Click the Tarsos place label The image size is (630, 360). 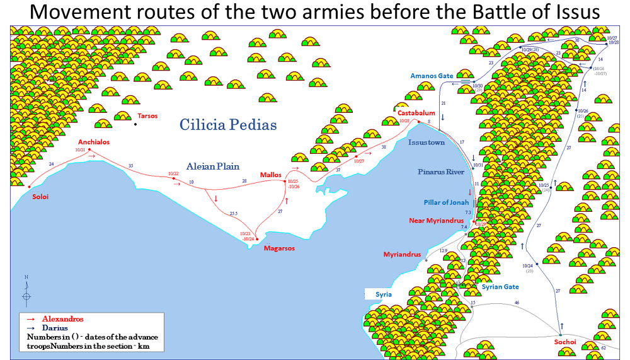pyautogui.click(x=147, y=116)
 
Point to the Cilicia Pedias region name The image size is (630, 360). pyautogui.click(x=228, y=125)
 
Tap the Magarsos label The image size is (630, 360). pyautogui.click(x=279, y=248)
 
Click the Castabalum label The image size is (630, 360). pyautogui.click(x=416, y=113)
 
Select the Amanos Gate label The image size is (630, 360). pyautogui.click(x=432, y=76)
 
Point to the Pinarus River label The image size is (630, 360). pyautogui.click(x=441, y=171)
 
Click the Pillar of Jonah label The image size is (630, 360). pyautogui.click(x=447, y=202)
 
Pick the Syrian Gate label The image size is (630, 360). pyautogui.click(x=500, y=287)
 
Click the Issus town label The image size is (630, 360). pyautogui.click(x=426, y=142)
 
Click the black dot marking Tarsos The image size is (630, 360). pyautogui.click(x=135, y=124)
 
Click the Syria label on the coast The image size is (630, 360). pyautogui.click(x=384, y=294)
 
